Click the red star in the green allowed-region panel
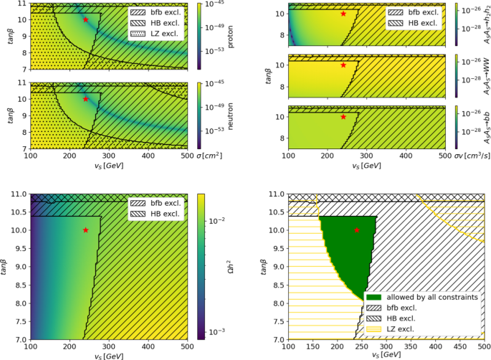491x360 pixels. (x=357, y=230)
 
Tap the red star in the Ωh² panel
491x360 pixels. (x=86, y=230)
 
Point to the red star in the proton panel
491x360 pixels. (x=86, y=20)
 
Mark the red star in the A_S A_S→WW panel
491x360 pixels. (x=343, y=65)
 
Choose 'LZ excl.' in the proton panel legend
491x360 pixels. (x=164, y=34)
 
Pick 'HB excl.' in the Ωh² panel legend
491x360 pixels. (x=164, y=214)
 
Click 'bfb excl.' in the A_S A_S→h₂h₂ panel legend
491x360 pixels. (x=423, y=13)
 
